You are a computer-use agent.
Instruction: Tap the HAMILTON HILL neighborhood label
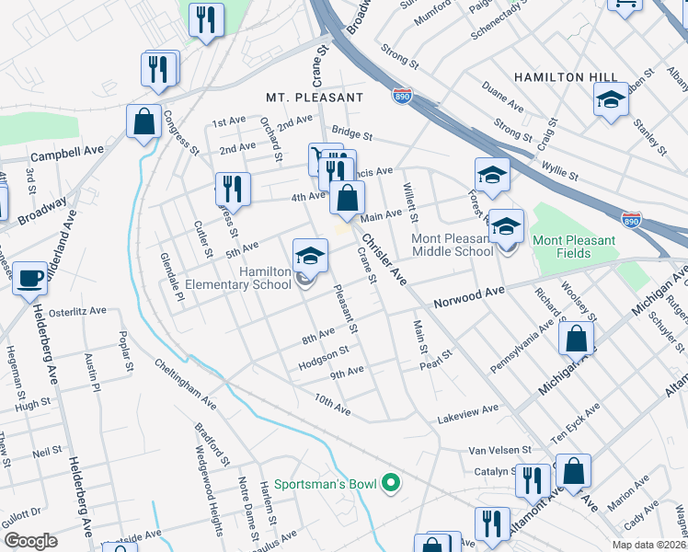pyautogui.click(x=562, y=77)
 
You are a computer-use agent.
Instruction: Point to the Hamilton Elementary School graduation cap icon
pyautogui.click(x=311, y=255)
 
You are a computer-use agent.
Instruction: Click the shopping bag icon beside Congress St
pyautogui.click(x=144, y=121)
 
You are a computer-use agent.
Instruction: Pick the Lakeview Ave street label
pyautogui.click(x=467, y=410)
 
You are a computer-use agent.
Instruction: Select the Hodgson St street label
pyautogui.click(x=324, y=357)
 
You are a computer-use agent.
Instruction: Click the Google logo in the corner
pyautogui.click(x=30, y=541)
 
